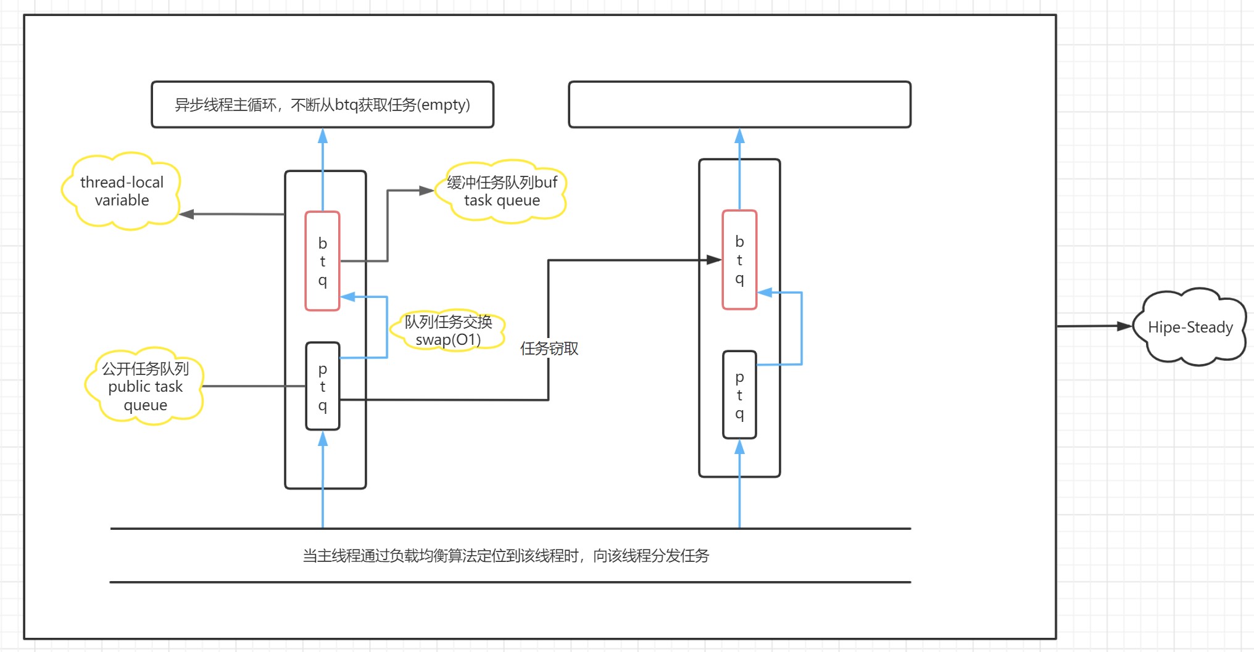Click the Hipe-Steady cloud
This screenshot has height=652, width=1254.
click(x=1190, y=327)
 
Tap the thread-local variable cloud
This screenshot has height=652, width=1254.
click(x=122, y=191)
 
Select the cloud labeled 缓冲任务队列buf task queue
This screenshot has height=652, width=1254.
click(x=501, y=191)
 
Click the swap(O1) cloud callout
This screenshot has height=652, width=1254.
click(x=448, y=331)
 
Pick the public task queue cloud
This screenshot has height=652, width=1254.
click(x=145, y=387)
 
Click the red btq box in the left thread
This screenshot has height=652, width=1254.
click(x=322, y=261)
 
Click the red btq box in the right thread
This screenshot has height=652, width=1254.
click(x=739, y=260)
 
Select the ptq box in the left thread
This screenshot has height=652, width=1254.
click(x=322, y=386)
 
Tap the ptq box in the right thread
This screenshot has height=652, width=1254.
click(x=739, y=395)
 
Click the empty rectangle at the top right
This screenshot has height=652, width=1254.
click(x=739, y=104)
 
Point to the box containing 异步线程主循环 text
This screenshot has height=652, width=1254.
click(x=322, y=104)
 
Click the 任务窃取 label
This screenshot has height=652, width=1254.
click(x=549, y=349)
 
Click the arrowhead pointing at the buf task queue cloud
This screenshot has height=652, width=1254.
click(x=426, y=191)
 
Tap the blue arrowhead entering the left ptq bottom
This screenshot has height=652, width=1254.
click(x=322, y=439)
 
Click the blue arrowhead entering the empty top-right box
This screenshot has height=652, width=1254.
click(x=739, y=136)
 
